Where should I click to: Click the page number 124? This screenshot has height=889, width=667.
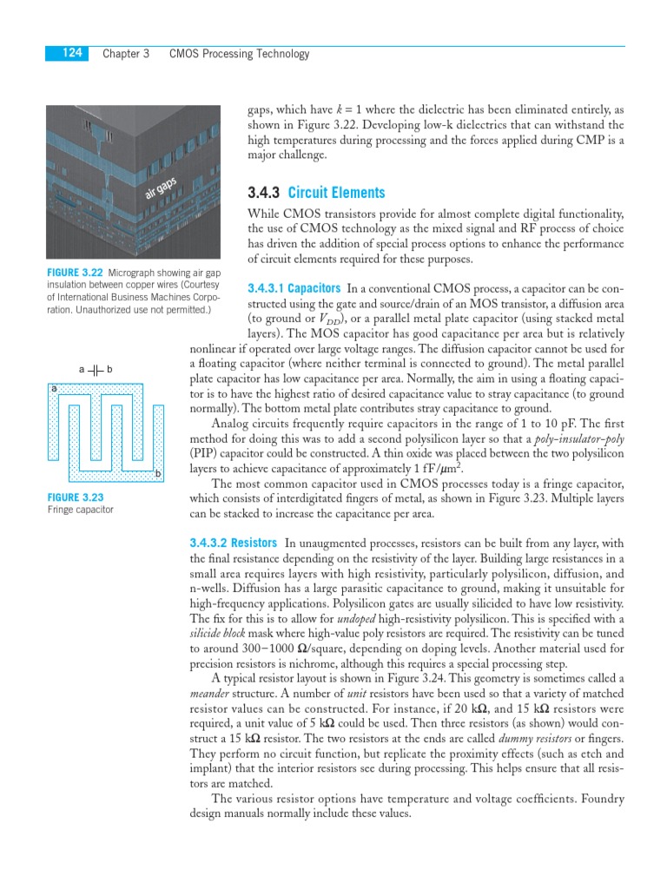point(72,54)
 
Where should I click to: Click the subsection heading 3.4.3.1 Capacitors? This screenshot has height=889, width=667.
point(294,287)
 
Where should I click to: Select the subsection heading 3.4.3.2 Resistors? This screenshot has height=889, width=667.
point(233,543)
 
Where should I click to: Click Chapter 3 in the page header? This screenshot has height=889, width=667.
point(126,54)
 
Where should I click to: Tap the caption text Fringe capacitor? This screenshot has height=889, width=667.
point(80,510)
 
